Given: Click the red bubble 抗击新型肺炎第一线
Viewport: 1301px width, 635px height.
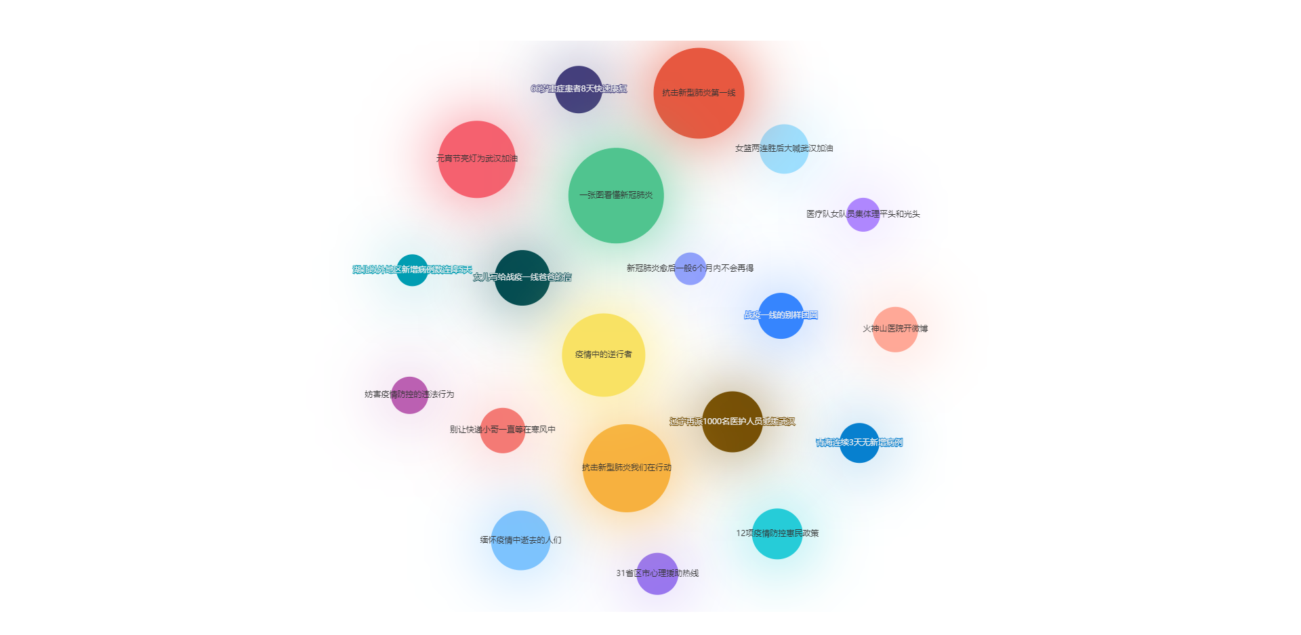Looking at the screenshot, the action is click(x=699, y=93).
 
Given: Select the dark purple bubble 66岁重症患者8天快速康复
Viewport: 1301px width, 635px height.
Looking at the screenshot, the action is click(x=579, y=89).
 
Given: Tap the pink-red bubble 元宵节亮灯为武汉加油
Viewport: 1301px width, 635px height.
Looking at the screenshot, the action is click(x=476, y=159).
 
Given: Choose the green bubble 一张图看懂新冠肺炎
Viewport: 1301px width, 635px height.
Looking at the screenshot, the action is click(x=616, y=195).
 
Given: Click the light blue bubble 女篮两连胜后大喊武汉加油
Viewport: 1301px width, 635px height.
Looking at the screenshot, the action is click(x=784, y=149).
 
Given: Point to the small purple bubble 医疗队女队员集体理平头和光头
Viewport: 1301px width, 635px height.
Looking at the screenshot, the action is click(x=863, y=215).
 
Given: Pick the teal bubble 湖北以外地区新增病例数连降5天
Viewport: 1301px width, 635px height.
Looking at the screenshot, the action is click(x=412, y=270).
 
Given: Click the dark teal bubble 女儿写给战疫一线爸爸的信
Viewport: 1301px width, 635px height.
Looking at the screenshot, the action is click(x=522, y=278).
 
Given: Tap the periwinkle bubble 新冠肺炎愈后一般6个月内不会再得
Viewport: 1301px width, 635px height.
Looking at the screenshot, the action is click(x=690, y=269).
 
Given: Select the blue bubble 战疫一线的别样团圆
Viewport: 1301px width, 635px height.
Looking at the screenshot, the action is click(x=781, y=316).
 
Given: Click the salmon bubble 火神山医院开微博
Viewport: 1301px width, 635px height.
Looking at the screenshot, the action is click(x=895, y=329).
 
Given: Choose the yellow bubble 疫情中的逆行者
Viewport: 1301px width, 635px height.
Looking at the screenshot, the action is click(x=603, y=355).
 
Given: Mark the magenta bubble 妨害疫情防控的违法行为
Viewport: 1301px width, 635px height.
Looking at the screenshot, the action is click(x=409, y=395).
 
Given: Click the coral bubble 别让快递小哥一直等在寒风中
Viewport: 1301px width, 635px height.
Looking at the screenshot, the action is click(x=502, y=430).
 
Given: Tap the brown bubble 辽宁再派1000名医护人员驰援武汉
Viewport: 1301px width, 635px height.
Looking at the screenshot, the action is click(x=732, y=422).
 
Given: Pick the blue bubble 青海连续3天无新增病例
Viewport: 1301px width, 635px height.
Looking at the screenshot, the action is click(x=859, y=443).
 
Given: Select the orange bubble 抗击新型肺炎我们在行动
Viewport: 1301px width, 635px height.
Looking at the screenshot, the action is click(x=626, y=468).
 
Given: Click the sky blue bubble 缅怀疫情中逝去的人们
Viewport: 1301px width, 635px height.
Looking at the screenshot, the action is click(x=520, y=540).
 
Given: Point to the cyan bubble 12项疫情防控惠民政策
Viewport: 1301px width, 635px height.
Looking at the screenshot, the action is click(x=777, y=534).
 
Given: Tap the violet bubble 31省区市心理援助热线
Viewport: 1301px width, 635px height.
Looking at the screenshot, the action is click(x=657, y=574).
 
